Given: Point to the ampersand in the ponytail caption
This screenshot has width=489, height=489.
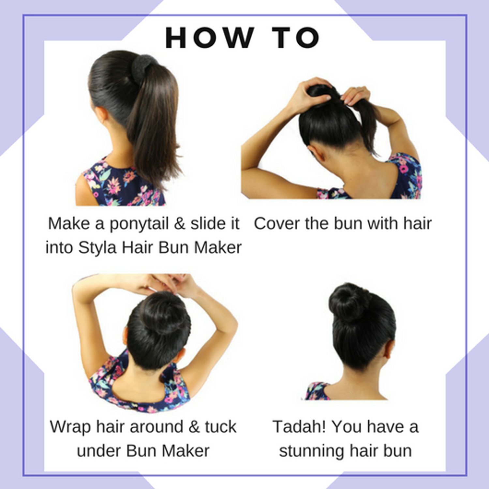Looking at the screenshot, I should [180, 224].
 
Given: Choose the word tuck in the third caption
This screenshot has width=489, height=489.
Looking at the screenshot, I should [220, 427].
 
